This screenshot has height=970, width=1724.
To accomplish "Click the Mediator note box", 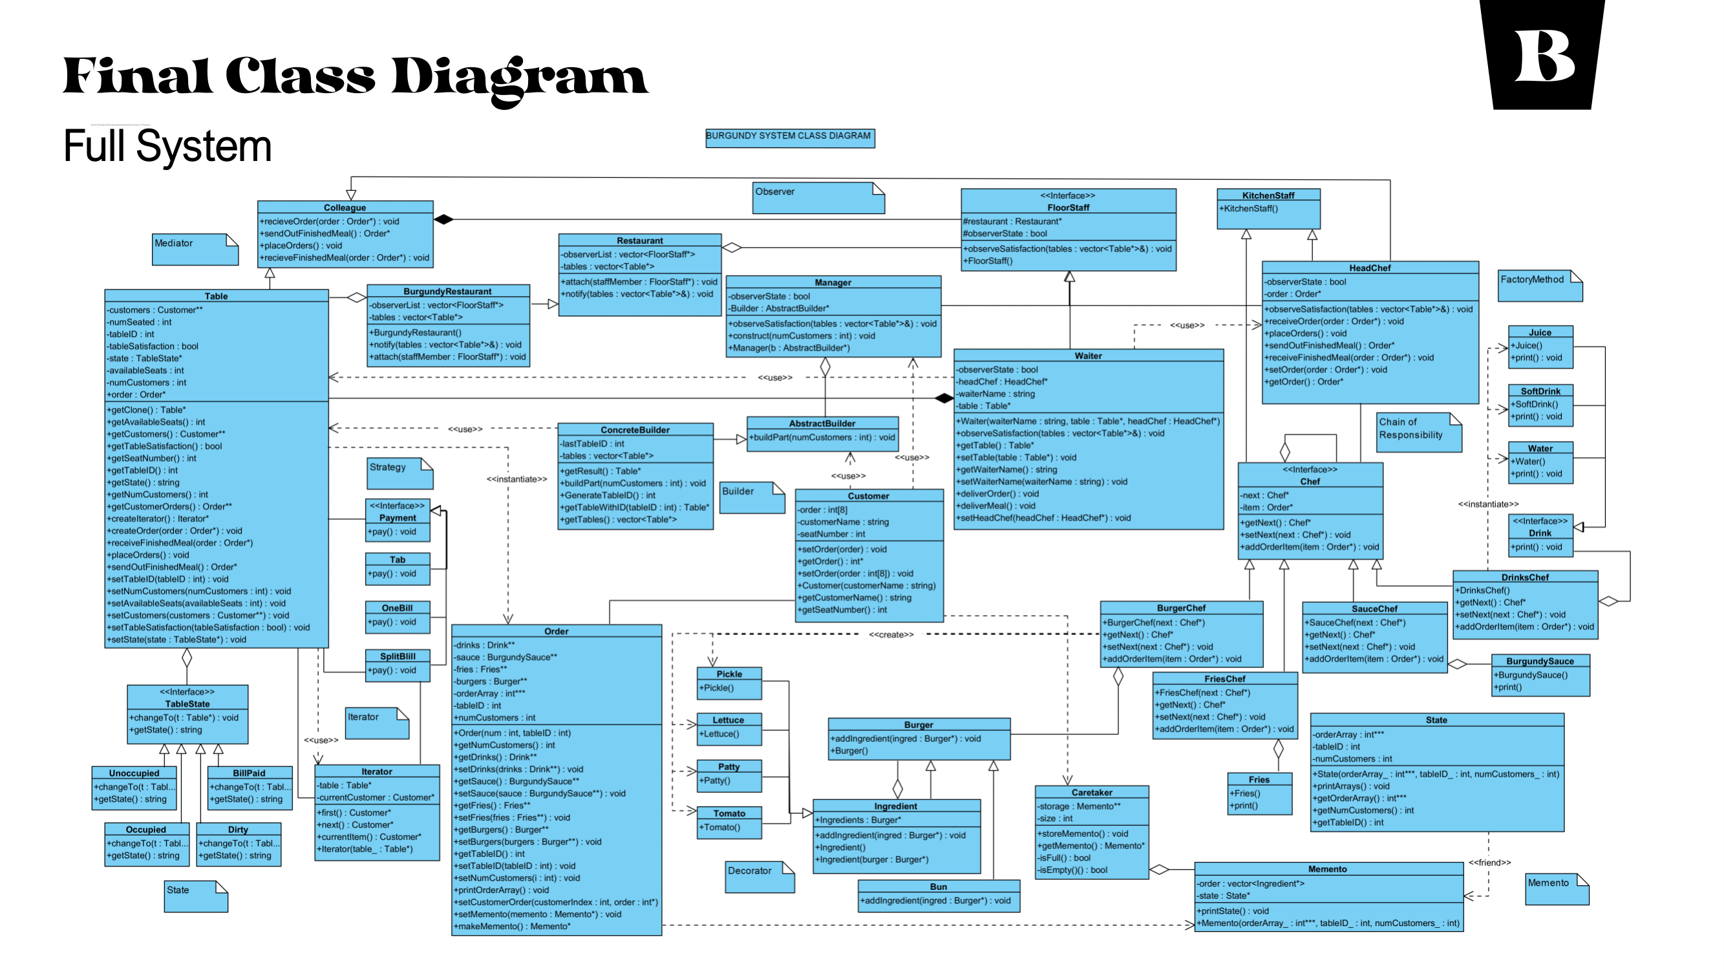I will click(195, 249).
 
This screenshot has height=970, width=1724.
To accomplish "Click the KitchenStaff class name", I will click(1268, 195).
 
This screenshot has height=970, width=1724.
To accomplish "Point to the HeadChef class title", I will click(1369, 268).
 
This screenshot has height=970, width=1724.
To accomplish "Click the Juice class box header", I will click(1539, 332).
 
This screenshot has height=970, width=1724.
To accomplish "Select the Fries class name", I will click(1258, 779).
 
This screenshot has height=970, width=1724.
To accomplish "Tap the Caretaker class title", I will click(1092, 792).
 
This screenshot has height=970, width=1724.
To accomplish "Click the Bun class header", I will click(939, 887).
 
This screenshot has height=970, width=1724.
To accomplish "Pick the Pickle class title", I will click(729, 673).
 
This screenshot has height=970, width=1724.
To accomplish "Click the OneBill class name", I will click(397, 608).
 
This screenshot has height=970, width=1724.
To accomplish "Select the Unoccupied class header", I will click(134, 773).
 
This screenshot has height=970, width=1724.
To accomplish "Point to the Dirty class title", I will click(238, 829).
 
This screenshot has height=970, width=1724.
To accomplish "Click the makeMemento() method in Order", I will click(513, 926).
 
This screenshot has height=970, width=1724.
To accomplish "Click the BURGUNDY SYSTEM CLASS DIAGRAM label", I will click(790, 136).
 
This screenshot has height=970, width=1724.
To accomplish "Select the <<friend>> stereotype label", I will click(1489, 862).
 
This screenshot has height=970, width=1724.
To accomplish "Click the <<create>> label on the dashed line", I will click(891, 634).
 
